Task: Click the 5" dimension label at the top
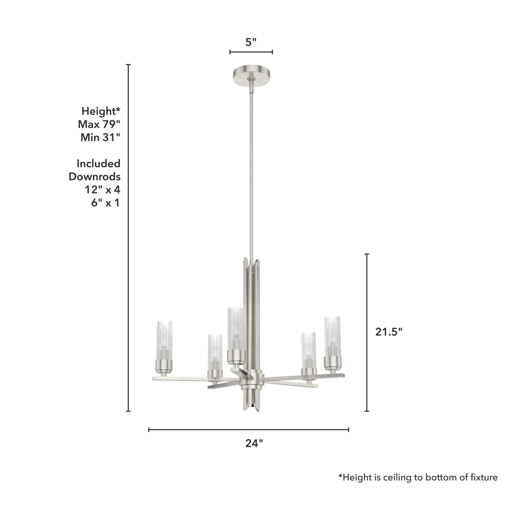251,42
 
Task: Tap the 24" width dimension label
254,443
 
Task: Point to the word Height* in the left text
101,112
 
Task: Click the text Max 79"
99,124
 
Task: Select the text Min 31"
100,137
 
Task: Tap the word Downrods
95,177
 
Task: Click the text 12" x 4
103,190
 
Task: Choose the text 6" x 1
106,203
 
